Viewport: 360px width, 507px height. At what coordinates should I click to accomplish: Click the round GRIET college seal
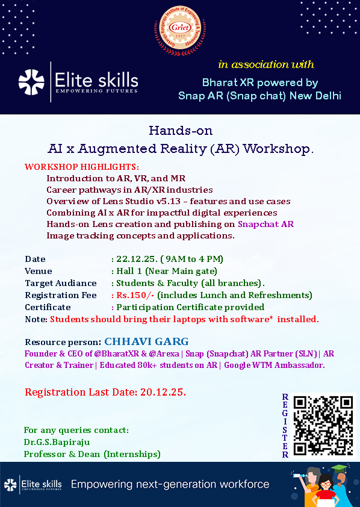point(180,30)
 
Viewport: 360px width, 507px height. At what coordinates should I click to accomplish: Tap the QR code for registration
point(323,425)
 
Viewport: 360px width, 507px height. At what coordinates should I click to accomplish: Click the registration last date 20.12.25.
point(163,392)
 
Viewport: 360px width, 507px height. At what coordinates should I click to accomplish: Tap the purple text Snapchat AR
point(265,224)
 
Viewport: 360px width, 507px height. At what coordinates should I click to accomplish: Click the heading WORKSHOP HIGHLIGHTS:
point(82,167)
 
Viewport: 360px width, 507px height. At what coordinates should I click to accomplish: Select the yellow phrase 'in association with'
point(266,64)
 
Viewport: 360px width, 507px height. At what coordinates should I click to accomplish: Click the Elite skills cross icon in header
point(31,83)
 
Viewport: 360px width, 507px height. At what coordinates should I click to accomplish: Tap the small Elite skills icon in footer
point(10,484)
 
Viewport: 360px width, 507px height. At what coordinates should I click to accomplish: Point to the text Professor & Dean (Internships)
point(92,454)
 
